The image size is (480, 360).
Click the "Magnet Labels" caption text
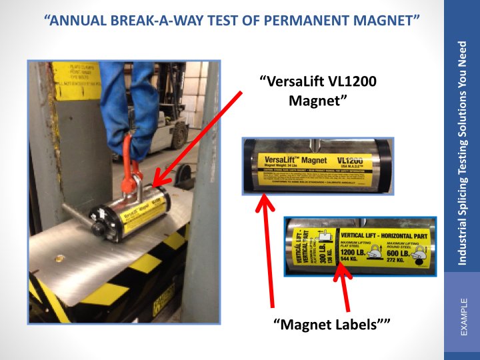[331, 324]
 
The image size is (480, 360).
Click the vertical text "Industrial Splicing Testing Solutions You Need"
[462, 153]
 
